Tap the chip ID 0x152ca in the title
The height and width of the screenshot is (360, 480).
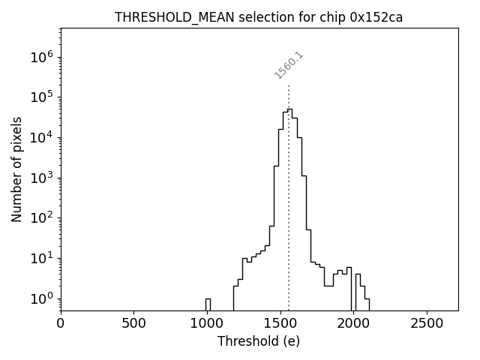[x=376, y=17]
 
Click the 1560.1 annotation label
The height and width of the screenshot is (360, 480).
[x=289, y=65]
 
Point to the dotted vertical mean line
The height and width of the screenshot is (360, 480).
[x=289, y=187]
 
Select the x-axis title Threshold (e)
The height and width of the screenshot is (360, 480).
[x=259, y=341]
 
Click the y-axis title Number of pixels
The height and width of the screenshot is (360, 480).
[x=17, y=169]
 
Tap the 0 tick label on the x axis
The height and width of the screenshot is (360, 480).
[x=61, y=323]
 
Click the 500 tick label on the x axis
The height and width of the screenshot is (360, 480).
[x=133, y=323]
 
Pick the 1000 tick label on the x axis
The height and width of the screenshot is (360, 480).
[x=207, y=323]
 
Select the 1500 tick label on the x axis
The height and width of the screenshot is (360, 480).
[x=280, y=323]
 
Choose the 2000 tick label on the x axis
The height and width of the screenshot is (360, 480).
[x=353, y=323]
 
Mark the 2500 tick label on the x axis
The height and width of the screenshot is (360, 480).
[x=427, y=323]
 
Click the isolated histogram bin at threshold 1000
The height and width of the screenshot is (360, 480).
[x=208, y=304]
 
